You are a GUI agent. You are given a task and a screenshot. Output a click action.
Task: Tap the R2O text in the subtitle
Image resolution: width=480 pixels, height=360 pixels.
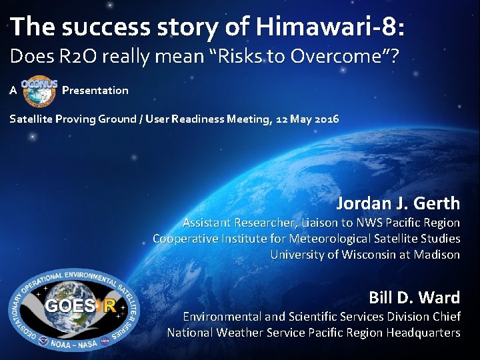(x=73, y=57)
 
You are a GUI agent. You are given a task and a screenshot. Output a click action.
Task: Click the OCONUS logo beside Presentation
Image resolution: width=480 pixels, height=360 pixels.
(x=39, y=90)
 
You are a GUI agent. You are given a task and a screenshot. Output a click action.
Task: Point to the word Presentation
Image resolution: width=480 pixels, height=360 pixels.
(x=95, y=90)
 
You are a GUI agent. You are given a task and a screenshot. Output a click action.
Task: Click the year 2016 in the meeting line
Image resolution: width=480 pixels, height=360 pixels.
(x=326, y=119)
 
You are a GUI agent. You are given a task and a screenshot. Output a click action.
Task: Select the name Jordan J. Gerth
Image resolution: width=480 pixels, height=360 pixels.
(x=398, y=203)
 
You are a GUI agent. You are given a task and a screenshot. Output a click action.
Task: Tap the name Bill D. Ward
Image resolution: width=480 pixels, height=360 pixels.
(x=414, y=297)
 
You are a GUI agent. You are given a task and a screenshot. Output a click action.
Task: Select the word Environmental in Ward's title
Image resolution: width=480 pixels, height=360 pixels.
(x=223, y=317)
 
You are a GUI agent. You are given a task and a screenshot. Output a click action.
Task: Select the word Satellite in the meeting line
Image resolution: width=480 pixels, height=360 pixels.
(x=33, y=119)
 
